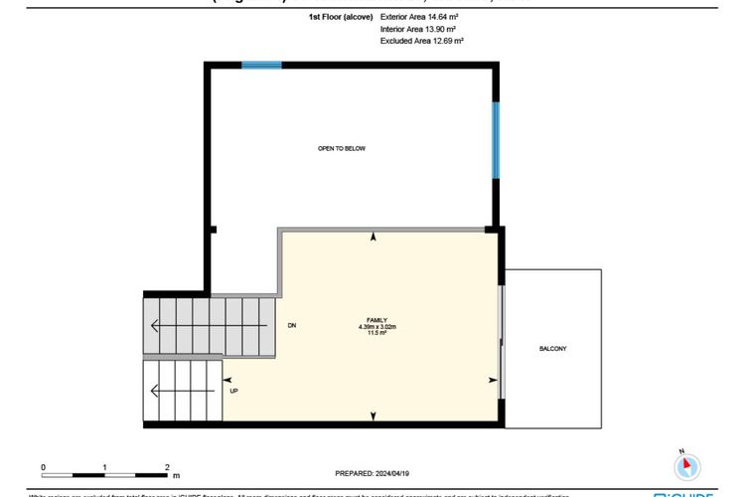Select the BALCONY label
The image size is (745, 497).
click(x=553, y=349)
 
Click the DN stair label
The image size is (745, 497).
click(x=292, y=326)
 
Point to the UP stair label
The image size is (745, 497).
click(x=233, y=391)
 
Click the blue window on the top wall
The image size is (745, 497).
click(x=261, y=66)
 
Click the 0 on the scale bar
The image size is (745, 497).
click(x=43, y=465)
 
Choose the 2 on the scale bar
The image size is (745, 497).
click(x=167, y=465)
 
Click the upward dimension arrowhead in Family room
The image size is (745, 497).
click(x=373, y=238)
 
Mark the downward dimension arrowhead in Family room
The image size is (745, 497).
click(x=373, y=416)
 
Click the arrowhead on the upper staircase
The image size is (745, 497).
click(x=154, y=326)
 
